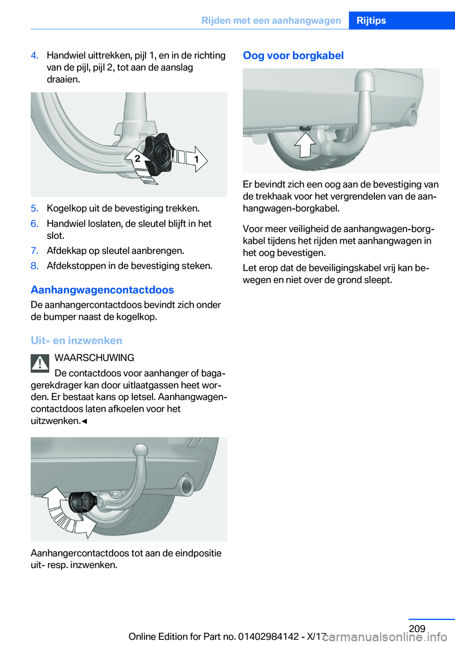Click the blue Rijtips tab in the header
click(x=371, y=20)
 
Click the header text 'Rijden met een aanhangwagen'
click(x=271, y=20)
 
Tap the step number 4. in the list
click(x=35, y=55)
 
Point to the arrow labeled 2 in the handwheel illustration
click(x=136, y=159)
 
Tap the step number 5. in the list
click(x=35, y=208)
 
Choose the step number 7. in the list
click(x=35, y=251)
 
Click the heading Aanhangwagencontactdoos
click(x=102, y=290)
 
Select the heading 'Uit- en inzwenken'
click(x=76, y=340)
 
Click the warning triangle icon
click(x=40, y=363)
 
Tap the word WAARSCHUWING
click(x=94, y=358)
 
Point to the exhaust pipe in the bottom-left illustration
click(x=187, y=485)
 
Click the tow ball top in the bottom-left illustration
click(x=141, y=450)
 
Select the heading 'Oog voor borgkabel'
click(x=293, y=55)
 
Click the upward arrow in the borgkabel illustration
click(x=305, y=144)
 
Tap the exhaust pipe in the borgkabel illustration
click(x=413, y=116)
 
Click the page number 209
click(x=417, y=628)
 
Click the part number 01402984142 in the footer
click(x=268, y=636)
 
